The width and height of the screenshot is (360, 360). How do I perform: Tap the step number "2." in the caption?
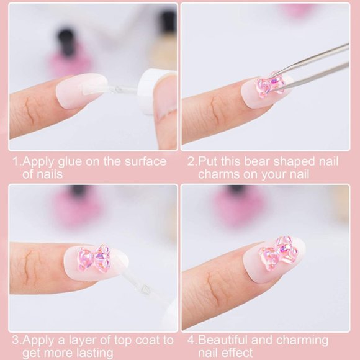point(192,161)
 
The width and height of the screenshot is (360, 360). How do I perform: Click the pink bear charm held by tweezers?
point(271,86)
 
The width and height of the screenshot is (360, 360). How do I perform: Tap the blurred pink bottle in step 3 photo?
point(78,208)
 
